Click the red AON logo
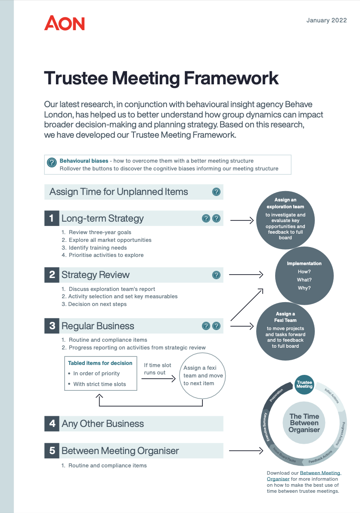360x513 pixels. pyautogui.click(x=65, y=23)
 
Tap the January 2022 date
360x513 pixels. pyautogui.click(x=326, y=20)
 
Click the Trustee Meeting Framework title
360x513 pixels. pyautogui.click(x=161, y=78)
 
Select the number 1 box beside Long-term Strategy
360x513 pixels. pyautogui.click(x=52, y=218)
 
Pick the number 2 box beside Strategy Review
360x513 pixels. pyautogui.click(x=52, y=275)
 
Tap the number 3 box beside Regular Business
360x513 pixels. pyautogui.click(x=52, y=326)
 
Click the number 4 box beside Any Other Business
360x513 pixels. pyautogui.click(x=52, y=423)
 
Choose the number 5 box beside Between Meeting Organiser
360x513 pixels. pyautogui.click(x=52, y=451)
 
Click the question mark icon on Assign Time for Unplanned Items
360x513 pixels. pyautogui.click(x=216, y=192)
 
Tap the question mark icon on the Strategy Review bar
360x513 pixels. pyautogui.click(x=216, y=275)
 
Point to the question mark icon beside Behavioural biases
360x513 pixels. pyautogui.click(x=52, y=162)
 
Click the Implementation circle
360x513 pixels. pyautogui.click(x=304, y=275)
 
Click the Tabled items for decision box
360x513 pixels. pyautogui.click(x=101, y=373)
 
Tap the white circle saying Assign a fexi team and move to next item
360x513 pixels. pyautogui.click(x=202, y=375)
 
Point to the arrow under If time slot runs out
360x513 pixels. pyautogui.click(x=159, y=379)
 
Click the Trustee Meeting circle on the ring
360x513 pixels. pyautogui.click(x=304, y=384)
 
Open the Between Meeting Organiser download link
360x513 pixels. pyautogui.click(x=320, y=473)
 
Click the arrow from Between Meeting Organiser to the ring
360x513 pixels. pyautogui.click(x=246, y=451)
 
